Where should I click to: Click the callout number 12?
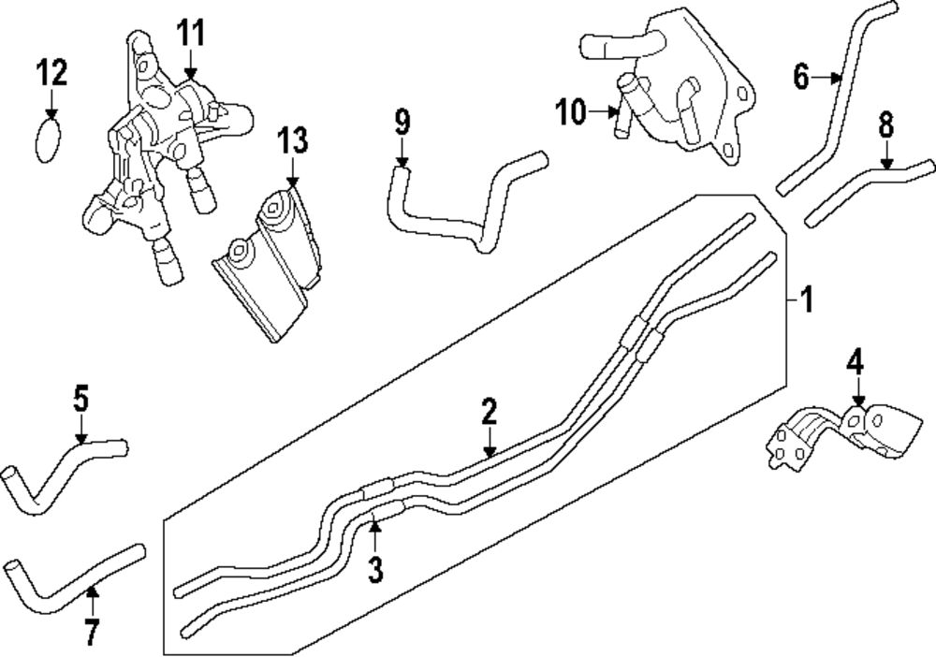point(52,71)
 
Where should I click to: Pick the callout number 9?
point(402,122)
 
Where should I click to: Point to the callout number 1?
point(807,300)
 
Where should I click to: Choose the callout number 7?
point(91,633)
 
